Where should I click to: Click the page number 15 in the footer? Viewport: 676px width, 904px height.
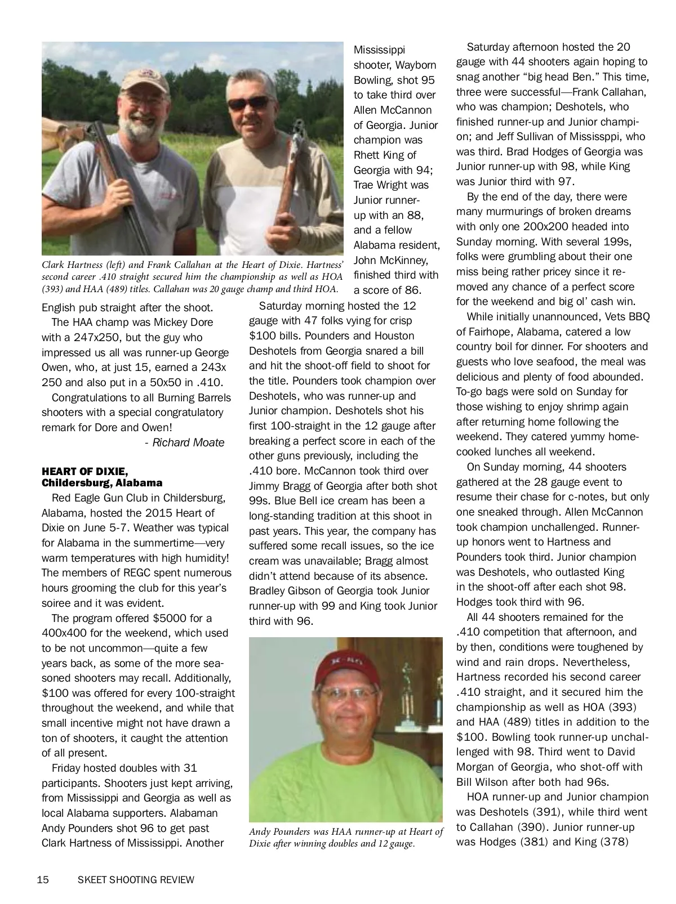pos(43,880)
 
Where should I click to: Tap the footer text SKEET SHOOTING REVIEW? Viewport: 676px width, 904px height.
pos(136,880)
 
